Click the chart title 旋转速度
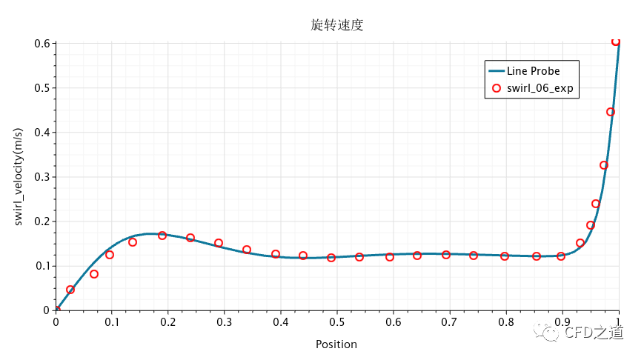click(x=337, y=25)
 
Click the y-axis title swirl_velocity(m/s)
click(x=20, y=177)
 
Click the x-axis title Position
click(x=336, y=344)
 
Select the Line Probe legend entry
click(x=533, y=71)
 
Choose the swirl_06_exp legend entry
click(x=540, y=88)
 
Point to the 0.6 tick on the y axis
click(x=42, y=44)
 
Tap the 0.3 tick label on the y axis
click(x=42, y=177)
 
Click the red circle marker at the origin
click(x=56, y=310)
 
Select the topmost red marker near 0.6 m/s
click(x=616, y=42)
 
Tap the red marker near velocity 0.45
click(x=611, y=113)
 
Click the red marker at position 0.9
click(x=561, y=256)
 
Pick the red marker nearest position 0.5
click(x=331, y=258)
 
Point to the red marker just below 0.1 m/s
click(x=94, y=274)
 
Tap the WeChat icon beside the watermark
click(x=551, y=333)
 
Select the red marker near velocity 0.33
click(x=604, y=165)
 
